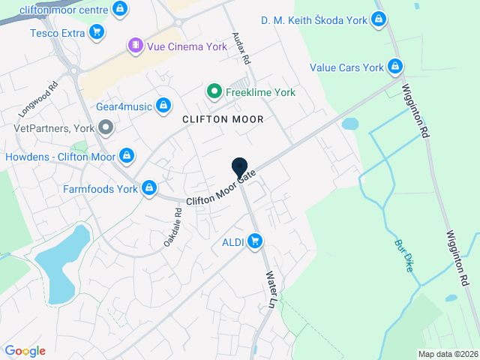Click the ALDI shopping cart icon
click(x=255, y=241)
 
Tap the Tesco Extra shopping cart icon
click(x=96, y=32)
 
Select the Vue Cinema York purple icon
click(x=134, y=45)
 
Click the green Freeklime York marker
click(x=214, y=92)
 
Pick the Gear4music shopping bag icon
click(x=163, y=106)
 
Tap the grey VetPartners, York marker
click(x=106, y=127)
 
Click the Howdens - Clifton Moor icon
click(x=127, y=156)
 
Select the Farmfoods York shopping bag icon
click(x=150, y=188)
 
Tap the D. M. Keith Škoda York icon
click(x=379, y=20)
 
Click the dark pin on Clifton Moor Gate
click(x=240, y=168)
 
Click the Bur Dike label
click(x=404, y=255)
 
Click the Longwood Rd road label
click(x=38, y=98)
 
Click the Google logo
click(x=25, y=351)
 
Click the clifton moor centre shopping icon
click(x=120, y=8)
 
